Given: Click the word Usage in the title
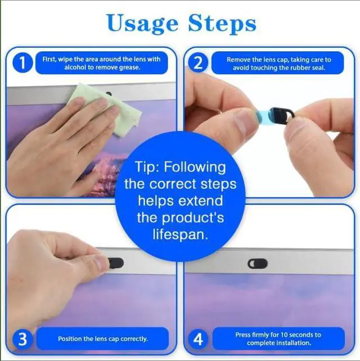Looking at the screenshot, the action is (143, 23).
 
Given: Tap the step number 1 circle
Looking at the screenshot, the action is (22, 63).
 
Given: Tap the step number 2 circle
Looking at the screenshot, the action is (198, 63).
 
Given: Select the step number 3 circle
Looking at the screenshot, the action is (22, 339).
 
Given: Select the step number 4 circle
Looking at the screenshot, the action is (198, 339).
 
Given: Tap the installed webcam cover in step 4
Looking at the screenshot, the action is (258, 264).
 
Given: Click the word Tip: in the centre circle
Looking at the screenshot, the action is (147, 167).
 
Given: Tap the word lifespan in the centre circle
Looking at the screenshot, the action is (180, 235).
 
